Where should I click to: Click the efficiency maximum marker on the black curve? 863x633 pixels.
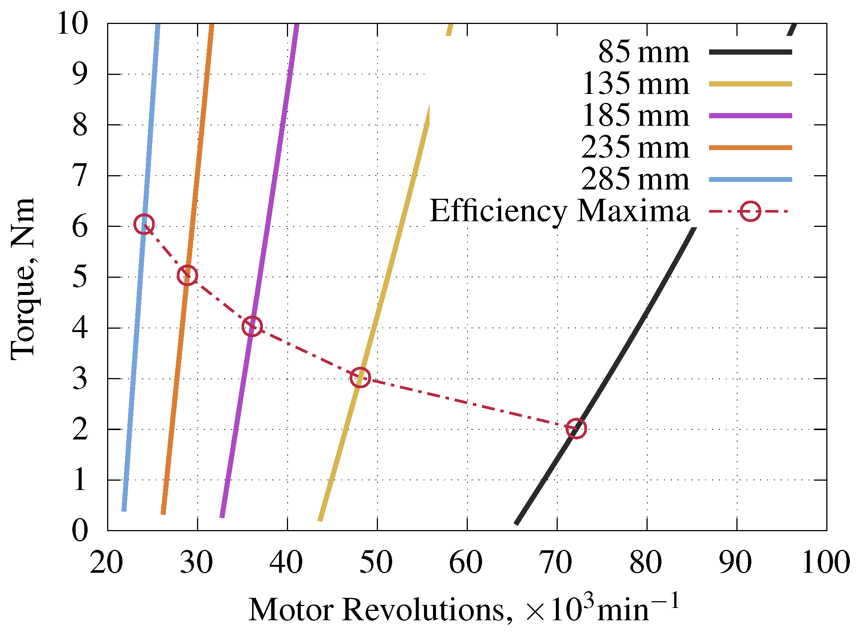pyautogui.click(x=575, y=428)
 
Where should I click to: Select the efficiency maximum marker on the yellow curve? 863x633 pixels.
pyautogui.click(x=360, y=377)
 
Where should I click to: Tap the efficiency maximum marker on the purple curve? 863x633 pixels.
pyautogui.click(x=252, y=326)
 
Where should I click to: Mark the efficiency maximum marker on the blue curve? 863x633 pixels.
pyautogui.click(x=144, y=224)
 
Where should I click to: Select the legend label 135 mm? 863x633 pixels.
pyautogui.click(x=635, y=84)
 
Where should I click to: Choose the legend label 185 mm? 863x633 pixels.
pyautogui.click(x=635, y=116)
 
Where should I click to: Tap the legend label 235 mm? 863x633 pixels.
pyautogui.click(x=635, y=147)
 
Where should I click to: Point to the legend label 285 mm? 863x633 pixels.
pyautogui.click(x=635, y=179)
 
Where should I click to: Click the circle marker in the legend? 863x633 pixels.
pyautogui.click(x=750, y=211)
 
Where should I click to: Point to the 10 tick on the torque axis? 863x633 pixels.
pyautogui.click(x=72, y=24)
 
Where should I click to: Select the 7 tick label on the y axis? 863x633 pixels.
pyautogui.click(x=80, y=176)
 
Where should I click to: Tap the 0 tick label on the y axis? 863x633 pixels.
pyautogui.click(x=80, y=531)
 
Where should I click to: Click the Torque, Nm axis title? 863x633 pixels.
pyautogui.click(x=23, y=279)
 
